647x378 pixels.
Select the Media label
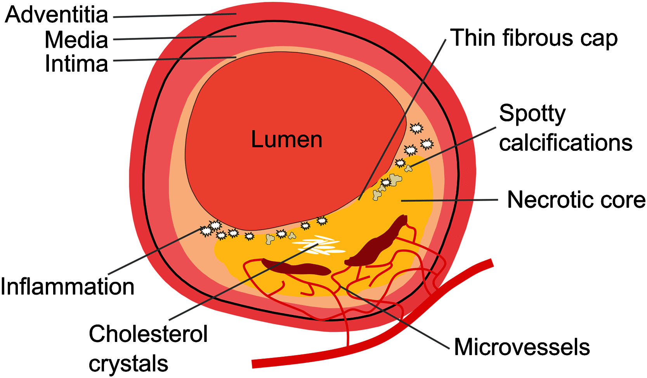click(x=76, y=40)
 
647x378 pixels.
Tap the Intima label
click(x=76, y=64)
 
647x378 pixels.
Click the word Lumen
click(x=286, y=140)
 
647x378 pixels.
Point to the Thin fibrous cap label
click(x=534, y=38)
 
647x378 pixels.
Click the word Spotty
click(x=532, y=114)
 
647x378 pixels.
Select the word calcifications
click(x=565, y=143)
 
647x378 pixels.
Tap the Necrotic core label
click(x=576, y=200)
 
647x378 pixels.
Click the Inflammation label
click(x=68, y=287)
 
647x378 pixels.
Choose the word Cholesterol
click(x=148, y=334)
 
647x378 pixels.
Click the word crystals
click(x=128, y=363)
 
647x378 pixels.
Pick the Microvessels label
click(x=522, y=347)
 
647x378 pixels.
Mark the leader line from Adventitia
click(x=175, y=16)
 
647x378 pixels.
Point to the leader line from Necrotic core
click(x=450, y=200)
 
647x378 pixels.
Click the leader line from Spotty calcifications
click(x=454, y=147)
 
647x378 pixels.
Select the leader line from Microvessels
click(x=396, y=316)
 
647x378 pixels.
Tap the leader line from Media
click(x=175, y=38)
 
